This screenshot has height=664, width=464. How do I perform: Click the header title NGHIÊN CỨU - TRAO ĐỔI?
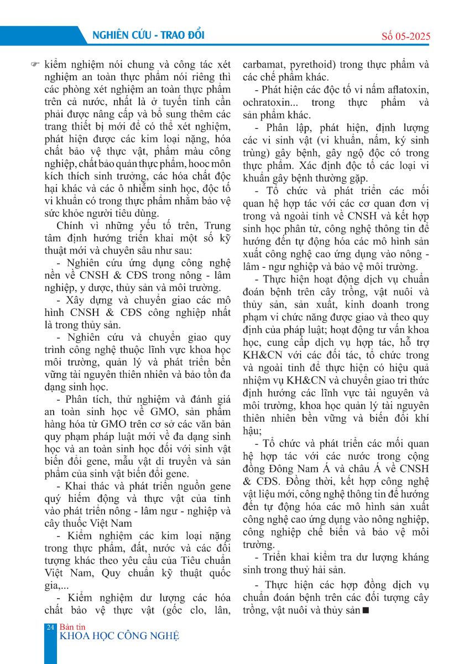146,35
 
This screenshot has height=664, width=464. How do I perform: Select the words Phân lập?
282,128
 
